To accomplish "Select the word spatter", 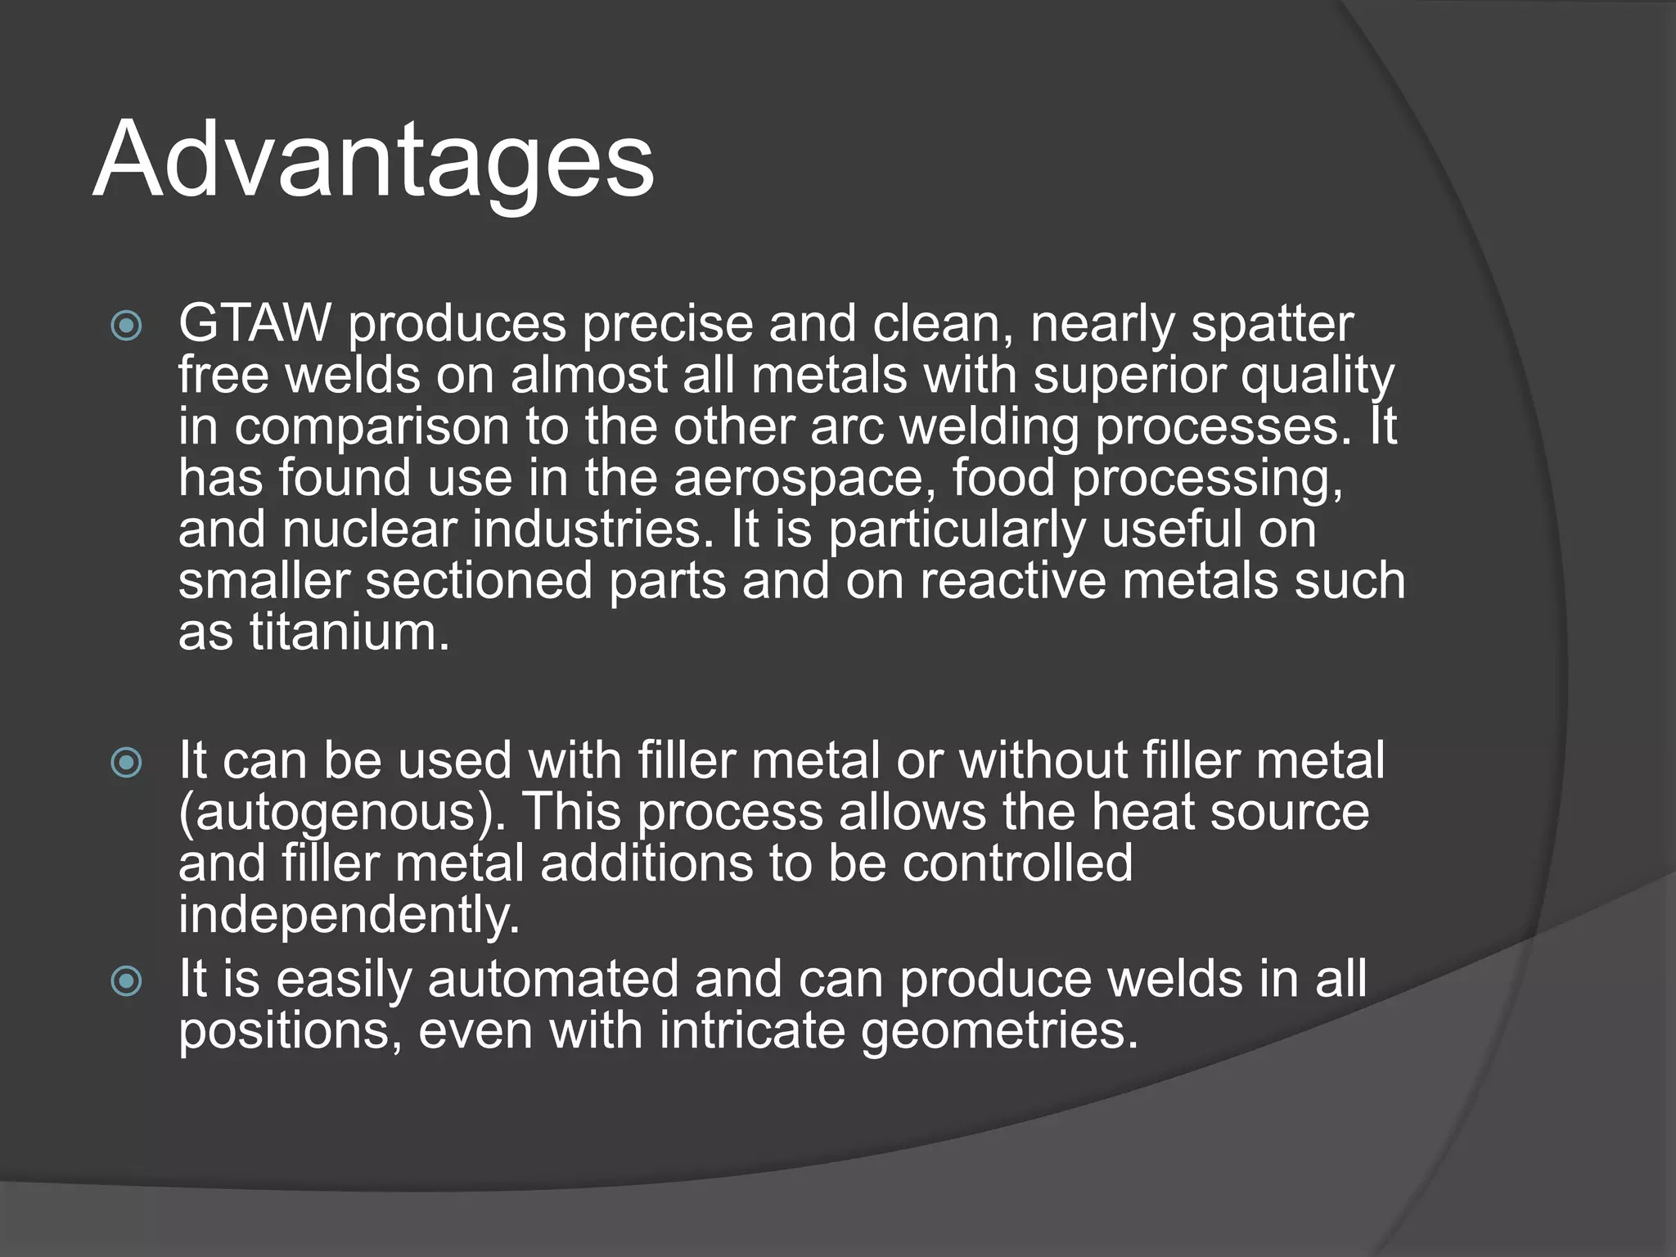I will click(x=1272, y=324).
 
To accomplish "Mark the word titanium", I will click(x=349, y=633).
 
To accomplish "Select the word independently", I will click(x=349, y=915).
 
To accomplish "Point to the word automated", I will click(x=553, y=980).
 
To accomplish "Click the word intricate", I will click(x=752, y=1030).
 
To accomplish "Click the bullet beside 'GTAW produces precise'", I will click(x=127, y=328).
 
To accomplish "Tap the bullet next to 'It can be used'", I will click(x=127, y=764).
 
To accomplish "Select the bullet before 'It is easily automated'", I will click(x=127, y=983).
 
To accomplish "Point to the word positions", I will click(x=291, y=1030).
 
